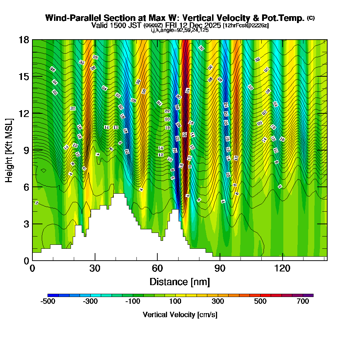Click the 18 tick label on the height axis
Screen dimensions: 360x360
coord(24,40)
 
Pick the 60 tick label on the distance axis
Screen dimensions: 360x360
coord(157,268)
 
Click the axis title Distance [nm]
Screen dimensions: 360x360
coord(180,281)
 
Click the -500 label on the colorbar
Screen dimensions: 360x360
coord(48,302)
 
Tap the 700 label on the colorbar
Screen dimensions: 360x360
coord(303,302)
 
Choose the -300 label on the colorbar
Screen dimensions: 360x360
coord(90,302)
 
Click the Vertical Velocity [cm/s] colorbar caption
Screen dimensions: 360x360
coord(180,315)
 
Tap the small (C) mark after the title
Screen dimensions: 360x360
coord(311,18)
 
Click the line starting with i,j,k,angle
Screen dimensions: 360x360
coord(179,30)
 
